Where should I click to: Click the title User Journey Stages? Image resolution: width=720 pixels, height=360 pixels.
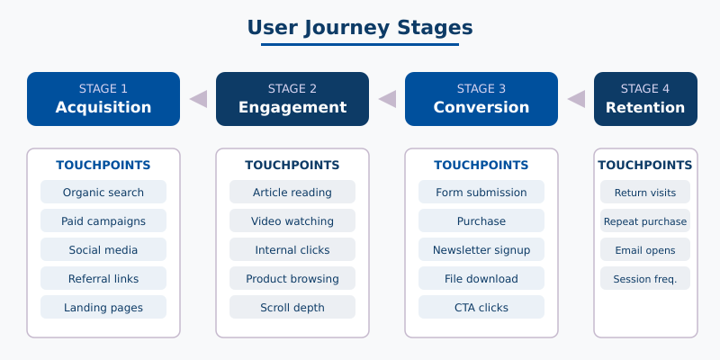(360, 28)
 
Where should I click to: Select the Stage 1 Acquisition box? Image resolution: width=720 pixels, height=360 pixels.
(103, 99)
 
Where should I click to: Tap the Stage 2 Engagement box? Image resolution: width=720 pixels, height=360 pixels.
(292, 99)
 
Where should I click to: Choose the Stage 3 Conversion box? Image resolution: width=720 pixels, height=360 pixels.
(481, 99)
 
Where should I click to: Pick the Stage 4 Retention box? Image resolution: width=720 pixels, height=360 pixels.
(645, 99)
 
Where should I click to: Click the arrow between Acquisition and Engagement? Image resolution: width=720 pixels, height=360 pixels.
(198, 99)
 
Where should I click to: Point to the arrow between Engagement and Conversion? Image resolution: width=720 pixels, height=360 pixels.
(387, 99)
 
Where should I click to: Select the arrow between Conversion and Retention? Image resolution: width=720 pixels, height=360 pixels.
(576, 99)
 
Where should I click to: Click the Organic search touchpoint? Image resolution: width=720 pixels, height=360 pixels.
(103, 192)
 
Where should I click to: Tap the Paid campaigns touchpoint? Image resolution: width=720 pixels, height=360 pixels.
(103, 220)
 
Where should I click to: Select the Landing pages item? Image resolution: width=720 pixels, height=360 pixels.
(103, 307)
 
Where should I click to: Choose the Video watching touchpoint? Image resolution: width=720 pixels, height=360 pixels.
(292, 220)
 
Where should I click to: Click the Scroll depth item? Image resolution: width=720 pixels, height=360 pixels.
(292, 307)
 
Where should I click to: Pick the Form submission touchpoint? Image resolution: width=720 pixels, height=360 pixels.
(481, 192)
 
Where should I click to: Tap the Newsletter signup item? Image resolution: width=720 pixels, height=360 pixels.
(481, 249)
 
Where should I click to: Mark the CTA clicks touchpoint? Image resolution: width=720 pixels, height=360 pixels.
(481, 307)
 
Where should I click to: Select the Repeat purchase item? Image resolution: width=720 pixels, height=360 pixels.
(645, 220)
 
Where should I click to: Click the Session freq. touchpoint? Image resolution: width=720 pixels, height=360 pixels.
(645, 278)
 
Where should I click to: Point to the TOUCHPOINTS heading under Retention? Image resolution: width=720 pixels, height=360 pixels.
(645, 165)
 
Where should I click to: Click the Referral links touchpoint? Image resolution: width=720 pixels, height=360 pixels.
(103, 278)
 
